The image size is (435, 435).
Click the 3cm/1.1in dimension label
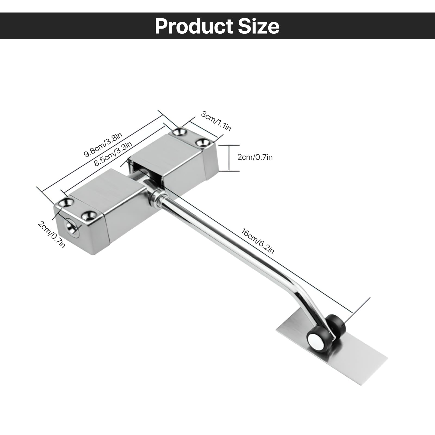pyautogui.click(x=216, y=121)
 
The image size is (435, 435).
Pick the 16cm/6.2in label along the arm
pyautogui.click(x=258, y=241)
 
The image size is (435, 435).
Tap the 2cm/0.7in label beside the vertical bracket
pyautogui.click(x=255, y=157)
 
